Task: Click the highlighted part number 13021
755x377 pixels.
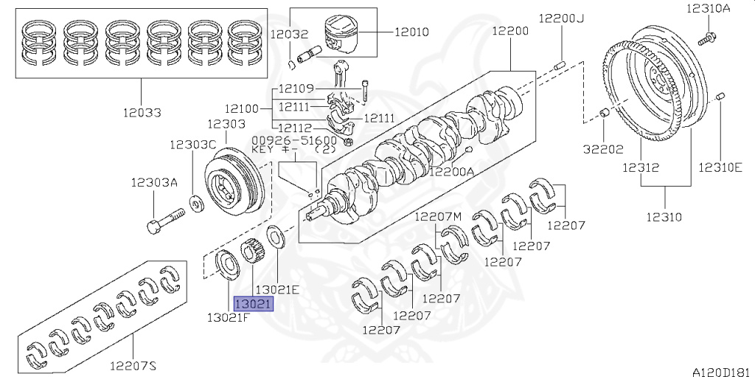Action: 253,304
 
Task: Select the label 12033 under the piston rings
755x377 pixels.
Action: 142,113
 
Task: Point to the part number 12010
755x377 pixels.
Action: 411,32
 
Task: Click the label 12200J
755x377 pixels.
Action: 560,18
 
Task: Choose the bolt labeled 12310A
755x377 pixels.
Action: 709,35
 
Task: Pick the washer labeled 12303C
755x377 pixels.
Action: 197,201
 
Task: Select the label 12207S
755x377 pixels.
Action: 133,364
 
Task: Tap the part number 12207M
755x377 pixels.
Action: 437,216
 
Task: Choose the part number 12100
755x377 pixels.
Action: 242,108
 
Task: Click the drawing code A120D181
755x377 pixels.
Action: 721,370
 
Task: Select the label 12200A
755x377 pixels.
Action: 451,172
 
